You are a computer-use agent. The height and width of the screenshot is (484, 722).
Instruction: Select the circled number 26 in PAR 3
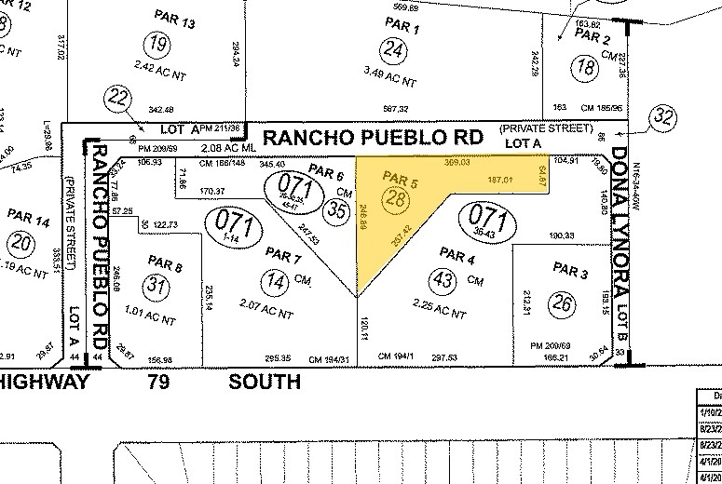coord(561,302)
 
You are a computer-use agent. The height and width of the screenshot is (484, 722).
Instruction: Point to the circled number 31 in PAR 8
coord(157,287)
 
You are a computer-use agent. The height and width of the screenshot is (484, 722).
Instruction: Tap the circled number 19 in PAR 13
coord(162,43)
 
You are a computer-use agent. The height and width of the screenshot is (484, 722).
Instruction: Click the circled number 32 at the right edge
coord(663,116)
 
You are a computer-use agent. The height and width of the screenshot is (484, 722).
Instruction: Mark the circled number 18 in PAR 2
coord(587,65)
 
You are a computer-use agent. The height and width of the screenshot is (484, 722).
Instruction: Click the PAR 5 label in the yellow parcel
coord(397,177)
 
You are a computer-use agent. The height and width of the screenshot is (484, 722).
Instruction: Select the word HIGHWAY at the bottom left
coord(44,381)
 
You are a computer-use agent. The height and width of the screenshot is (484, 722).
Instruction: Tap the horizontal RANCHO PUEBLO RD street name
coord(374,138)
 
